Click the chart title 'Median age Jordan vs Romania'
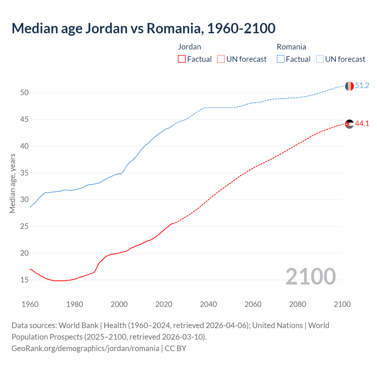[x=143, y=28]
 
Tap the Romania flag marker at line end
[x=349, y=86]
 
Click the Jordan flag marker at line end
[x=349, y=124]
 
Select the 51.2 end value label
[x=362, y=86]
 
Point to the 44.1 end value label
[x=362, y=124]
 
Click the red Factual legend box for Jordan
[x=182, y=59]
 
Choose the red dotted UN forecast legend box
[x=221, y=59]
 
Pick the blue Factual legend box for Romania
[x=281, y=59]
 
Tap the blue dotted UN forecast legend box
[x=320, y=59]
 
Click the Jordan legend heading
[x=189, y=47]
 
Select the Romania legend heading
[x=291, y=47]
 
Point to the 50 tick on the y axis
[x=24, y=93]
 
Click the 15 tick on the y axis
[x=24, y=280]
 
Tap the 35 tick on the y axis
[x=24, y=173]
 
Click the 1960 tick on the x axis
[x=30, y=304]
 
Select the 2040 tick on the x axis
[x=208, y=304]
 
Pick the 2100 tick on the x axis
[x=342, y=304]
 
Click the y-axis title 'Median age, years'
[x=12, y=183]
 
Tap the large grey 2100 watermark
[x=310, y=276]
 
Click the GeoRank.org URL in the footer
[x=85, y=348]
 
